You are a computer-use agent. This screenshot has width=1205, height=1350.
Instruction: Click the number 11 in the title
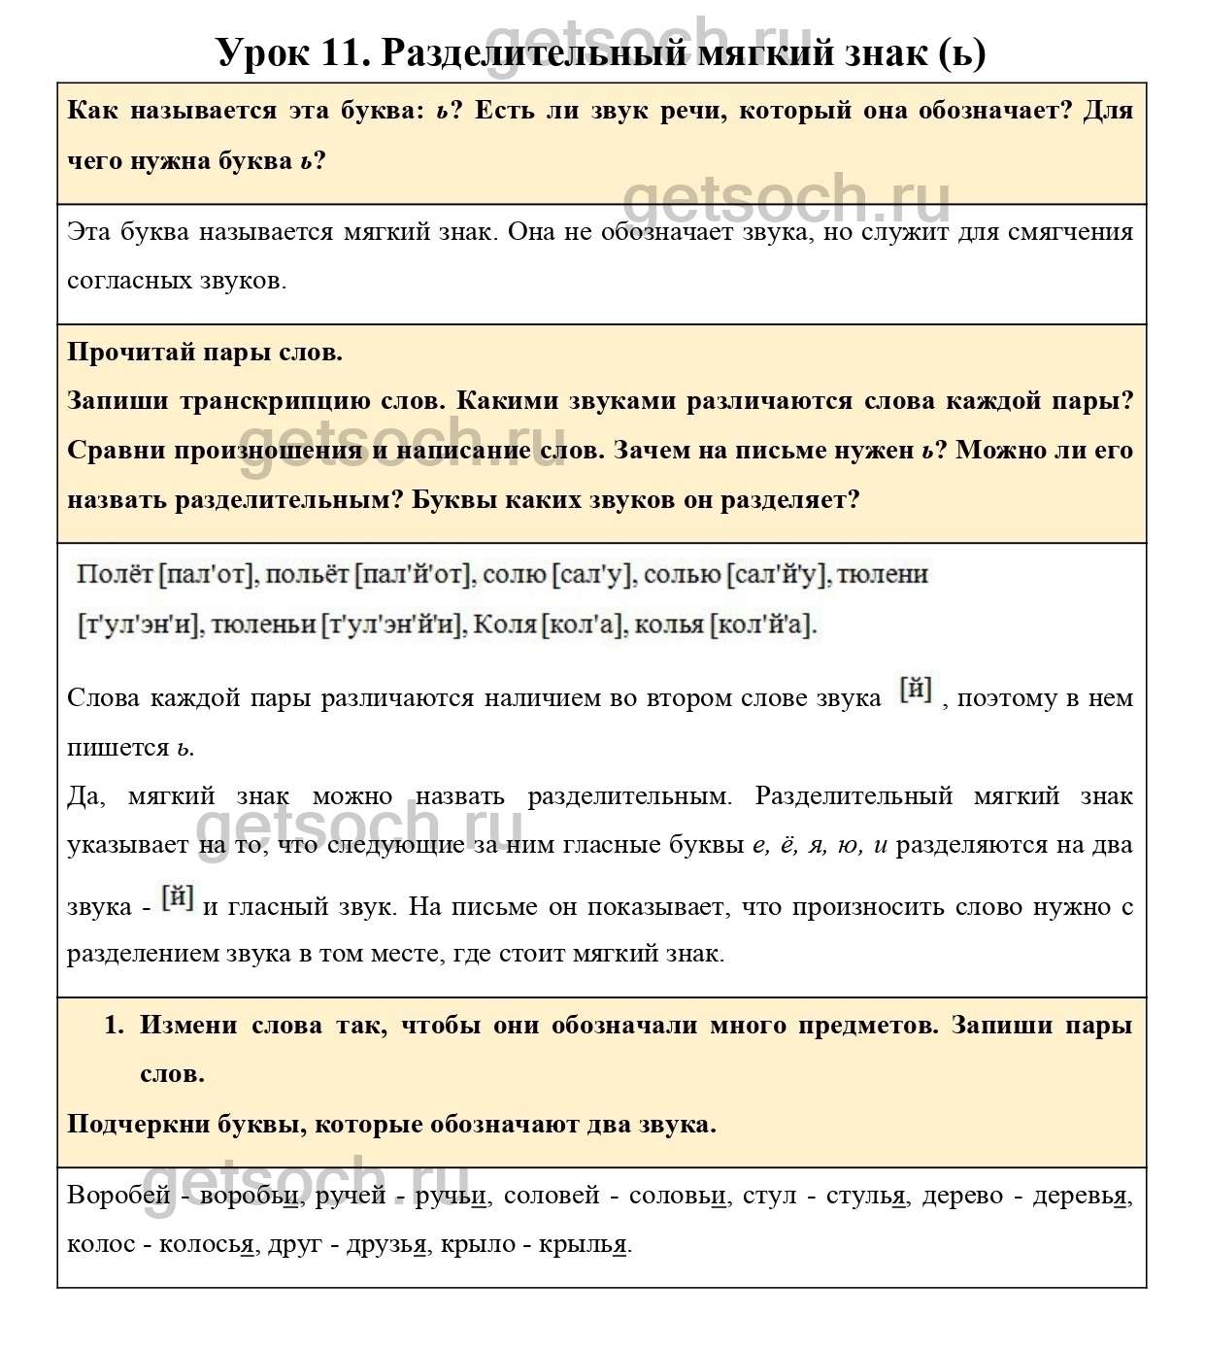click(x=340, y=52)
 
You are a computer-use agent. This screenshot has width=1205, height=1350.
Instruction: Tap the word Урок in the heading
click(x=259, y=52)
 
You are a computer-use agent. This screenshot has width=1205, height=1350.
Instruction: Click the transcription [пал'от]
click(x=206, y=575)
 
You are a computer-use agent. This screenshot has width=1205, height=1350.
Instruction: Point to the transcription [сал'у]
click(x=592, y=575)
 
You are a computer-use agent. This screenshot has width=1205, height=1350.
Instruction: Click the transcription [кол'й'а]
click(x=764, y=624)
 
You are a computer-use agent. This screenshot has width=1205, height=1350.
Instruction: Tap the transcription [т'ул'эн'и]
click(x=139, y=624)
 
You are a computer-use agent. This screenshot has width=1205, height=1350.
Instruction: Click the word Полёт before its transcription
click(x=115, y=575)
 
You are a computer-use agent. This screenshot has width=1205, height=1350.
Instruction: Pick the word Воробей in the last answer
click(x=118, y=1196)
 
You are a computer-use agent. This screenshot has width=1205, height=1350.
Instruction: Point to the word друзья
click(x=386, y=1244)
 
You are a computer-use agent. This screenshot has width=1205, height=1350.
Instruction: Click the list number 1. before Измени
click(x=115, y=1025)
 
